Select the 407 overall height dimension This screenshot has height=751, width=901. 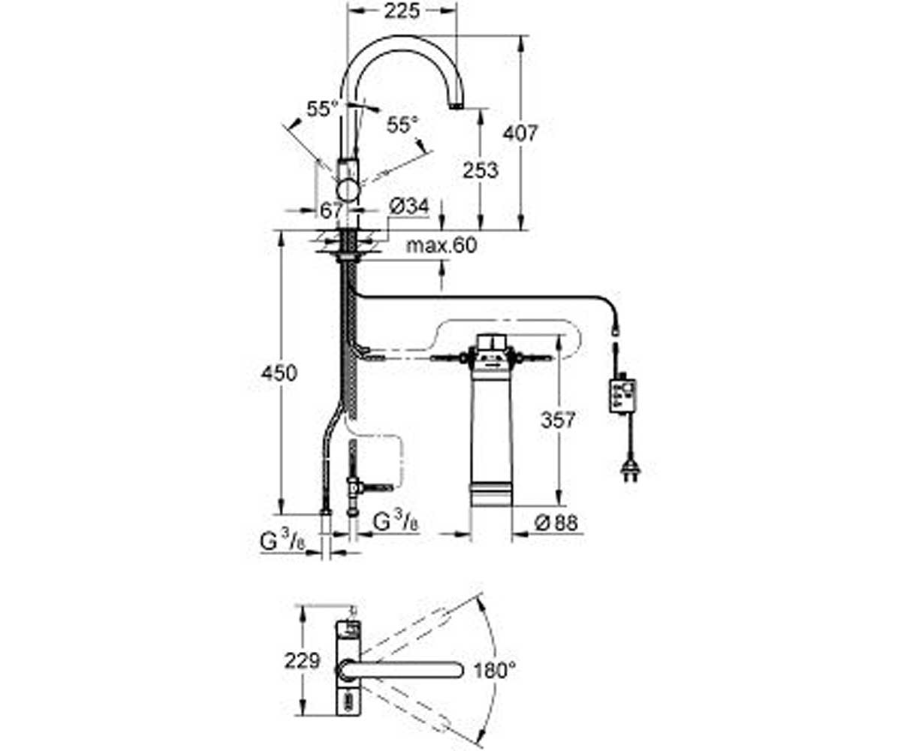click(x=520, y=133)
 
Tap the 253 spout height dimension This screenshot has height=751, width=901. click(x=481, y=170)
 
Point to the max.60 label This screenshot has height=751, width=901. click(x=441, y=245)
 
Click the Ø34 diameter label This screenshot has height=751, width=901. click(x=408, y=207)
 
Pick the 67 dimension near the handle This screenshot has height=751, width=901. click(x=331, y=210)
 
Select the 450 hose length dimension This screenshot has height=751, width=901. click(x=279, y=373)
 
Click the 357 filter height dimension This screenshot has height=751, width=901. click(x=558, y=420)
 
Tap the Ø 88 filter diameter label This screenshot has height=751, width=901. click(x=556, y=523)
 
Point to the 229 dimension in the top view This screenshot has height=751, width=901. click(x=302, y=661)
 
